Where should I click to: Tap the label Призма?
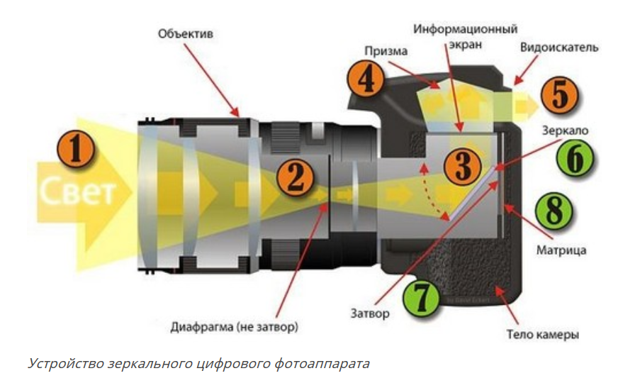tap(386, 51)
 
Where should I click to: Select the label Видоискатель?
tap(559, 48)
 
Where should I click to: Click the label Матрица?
tap(561, 250)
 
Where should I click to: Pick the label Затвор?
tap(369, 312)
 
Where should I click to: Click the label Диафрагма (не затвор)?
tap(235, 327)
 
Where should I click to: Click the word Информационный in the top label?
tap(466, 29)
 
